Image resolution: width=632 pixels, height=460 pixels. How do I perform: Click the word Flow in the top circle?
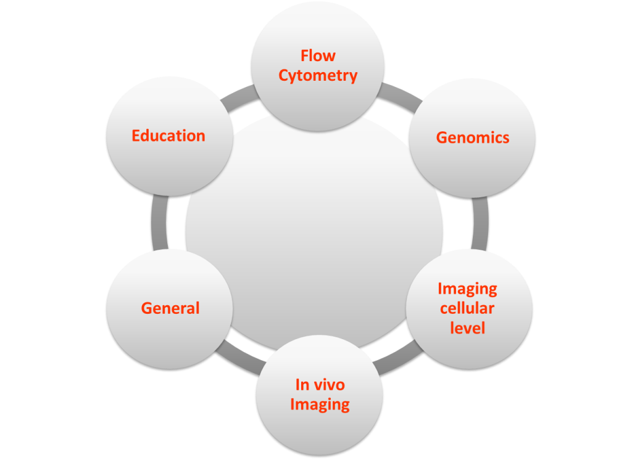click(x=318, y=56)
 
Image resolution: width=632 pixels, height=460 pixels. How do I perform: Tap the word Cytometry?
click(x=318, y=76)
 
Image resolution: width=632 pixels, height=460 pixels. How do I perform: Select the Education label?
click(x=168, y=136)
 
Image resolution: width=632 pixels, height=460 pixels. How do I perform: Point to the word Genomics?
click(x=473, y=138)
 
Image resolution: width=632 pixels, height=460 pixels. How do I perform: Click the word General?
click(x=170, y=308)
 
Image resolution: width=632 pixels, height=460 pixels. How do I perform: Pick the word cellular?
click(x=467, y=308)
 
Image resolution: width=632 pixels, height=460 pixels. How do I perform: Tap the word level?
click(x=467, y=327)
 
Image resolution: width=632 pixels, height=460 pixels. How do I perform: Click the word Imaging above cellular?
click(x=467, y=289)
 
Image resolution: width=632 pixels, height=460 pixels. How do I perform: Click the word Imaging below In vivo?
click(x=320, y=405)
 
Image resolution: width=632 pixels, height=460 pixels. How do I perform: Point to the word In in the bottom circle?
click(x=302, y=385)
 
